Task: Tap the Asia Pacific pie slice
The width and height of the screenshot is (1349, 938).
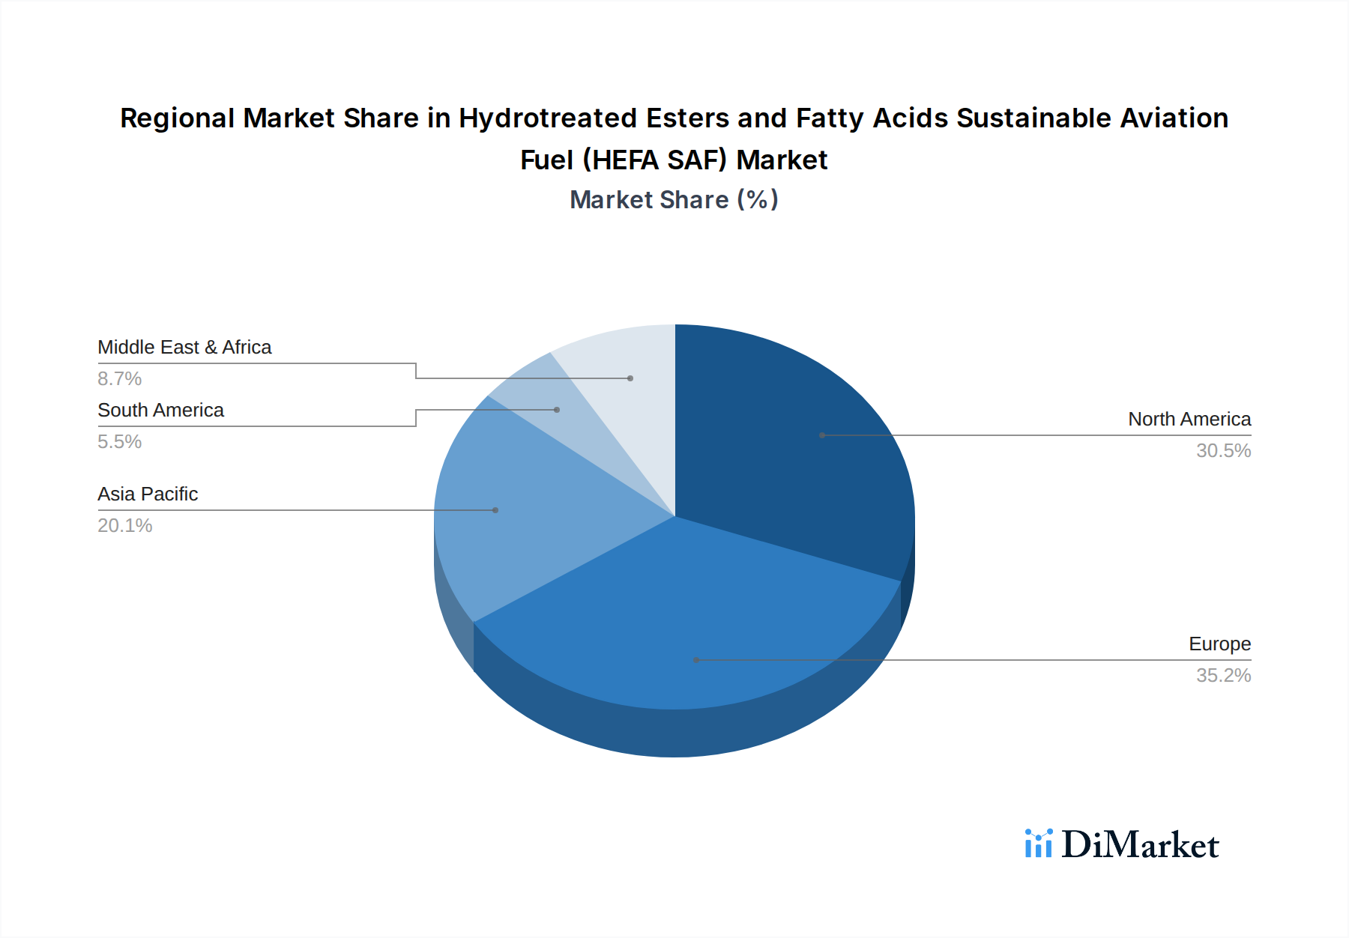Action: point(510,517)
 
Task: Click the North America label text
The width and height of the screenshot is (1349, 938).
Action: point(1189,420)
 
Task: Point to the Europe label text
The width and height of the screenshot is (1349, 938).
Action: point(1219,644)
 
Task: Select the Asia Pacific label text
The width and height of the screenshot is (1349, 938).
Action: point(148,494)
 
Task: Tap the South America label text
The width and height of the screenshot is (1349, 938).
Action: point(160,411)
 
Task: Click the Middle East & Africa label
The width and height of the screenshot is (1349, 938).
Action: point(184,348)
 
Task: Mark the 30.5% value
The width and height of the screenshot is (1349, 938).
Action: point(1223,451)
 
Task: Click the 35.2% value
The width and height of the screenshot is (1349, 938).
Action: point(1223,676)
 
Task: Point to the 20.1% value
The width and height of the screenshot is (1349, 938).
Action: point(125,526)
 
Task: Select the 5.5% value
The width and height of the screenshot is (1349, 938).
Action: point(120,442)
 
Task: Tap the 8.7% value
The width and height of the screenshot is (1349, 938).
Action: point(120,379)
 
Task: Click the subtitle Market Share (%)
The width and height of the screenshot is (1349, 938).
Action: point(674,200)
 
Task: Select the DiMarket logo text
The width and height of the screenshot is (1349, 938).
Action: point(1140,845)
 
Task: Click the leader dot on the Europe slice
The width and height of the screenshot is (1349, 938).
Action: point(696,660)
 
